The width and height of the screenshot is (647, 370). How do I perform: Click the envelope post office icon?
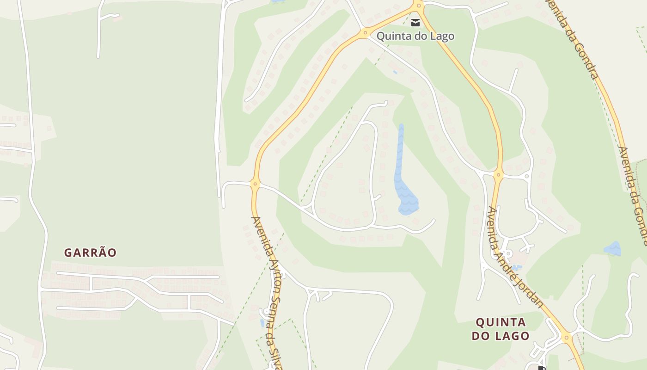tap(415, 22)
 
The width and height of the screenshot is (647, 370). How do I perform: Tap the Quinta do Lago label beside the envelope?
tap(415, 36)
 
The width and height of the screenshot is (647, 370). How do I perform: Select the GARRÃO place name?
tap(90, 253)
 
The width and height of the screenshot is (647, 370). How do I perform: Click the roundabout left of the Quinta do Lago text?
tap(365, 32)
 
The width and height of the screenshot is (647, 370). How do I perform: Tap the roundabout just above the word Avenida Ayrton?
tap(255, 184)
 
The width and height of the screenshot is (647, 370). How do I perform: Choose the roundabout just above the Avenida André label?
tap(498, 175)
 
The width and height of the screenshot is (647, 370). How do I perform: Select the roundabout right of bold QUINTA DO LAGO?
tap(567, 337)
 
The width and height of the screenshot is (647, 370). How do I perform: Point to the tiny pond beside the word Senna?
tap(262, 322)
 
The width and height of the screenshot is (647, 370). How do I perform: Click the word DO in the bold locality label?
tap(481, 336)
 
